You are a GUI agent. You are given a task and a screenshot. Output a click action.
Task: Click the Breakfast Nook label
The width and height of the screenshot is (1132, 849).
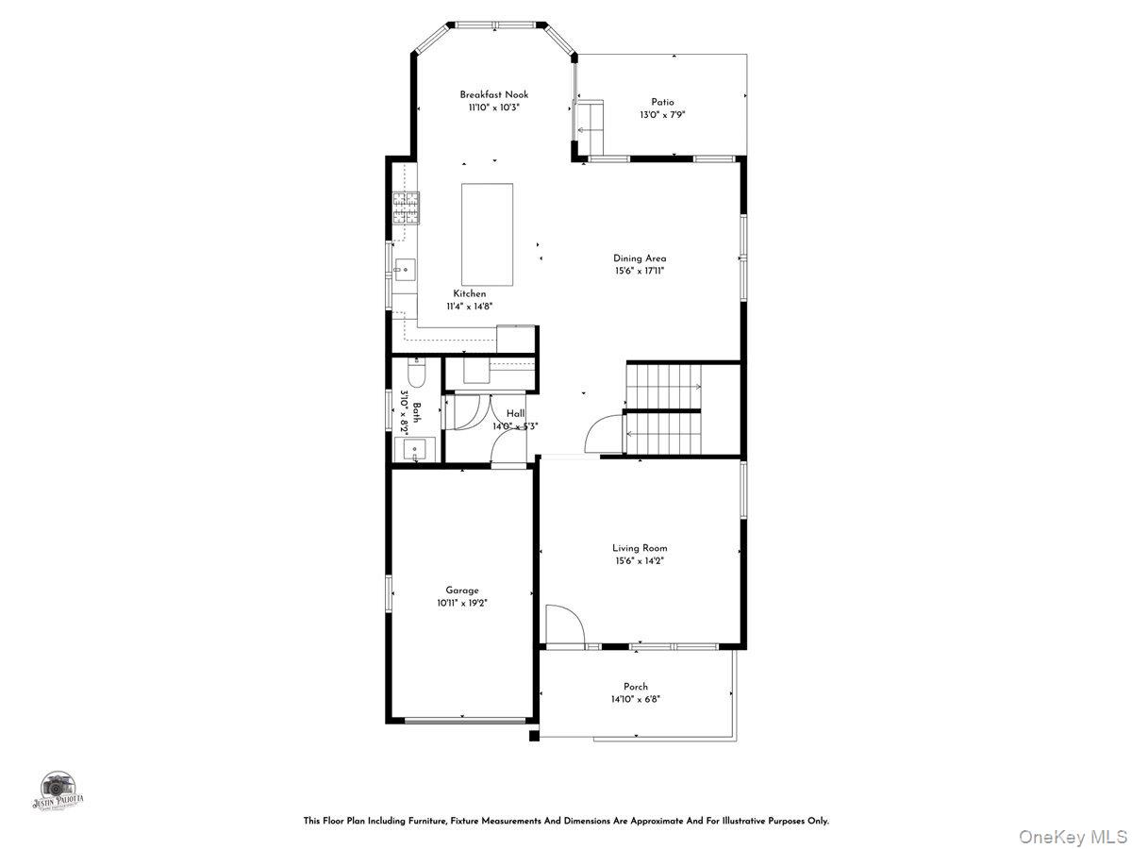pos(494,94)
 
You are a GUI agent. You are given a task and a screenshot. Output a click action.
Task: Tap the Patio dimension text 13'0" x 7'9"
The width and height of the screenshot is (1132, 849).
pos(662,115)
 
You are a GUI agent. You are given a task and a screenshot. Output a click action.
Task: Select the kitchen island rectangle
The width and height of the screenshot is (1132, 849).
pos(487,235)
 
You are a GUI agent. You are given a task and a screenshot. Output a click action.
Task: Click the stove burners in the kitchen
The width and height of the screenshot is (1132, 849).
pos(407,208)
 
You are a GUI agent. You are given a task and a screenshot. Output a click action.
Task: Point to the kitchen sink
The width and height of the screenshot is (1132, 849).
pos(406,272)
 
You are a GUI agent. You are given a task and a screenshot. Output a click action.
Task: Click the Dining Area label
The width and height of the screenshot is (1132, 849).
pos(640,258)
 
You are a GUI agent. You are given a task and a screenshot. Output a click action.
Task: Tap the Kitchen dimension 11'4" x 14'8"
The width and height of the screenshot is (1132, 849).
pos(470,307)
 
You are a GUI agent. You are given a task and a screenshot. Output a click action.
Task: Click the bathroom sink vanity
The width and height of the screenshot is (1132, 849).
pos(414,449)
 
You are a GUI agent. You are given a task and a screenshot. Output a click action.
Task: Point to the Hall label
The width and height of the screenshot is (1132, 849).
pos(516,413)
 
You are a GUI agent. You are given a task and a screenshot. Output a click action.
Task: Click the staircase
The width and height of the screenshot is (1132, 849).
pos(665,408)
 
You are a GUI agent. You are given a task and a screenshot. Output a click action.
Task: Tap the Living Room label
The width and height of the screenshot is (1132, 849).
pos(640,547)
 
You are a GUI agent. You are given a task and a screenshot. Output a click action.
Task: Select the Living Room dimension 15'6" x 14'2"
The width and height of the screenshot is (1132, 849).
pos(640,560)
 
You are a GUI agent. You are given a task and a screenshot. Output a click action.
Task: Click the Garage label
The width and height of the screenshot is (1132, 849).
pos(462,591)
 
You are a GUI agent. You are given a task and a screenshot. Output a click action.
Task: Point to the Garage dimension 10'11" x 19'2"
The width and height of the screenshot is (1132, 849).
pos(462,603)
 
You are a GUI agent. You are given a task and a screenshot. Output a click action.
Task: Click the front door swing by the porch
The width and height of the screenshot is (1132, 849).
pos(564,625)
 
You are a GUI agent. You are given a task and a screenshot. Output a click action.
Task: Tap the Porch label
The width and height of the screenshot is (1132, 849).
pos(636,687)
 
